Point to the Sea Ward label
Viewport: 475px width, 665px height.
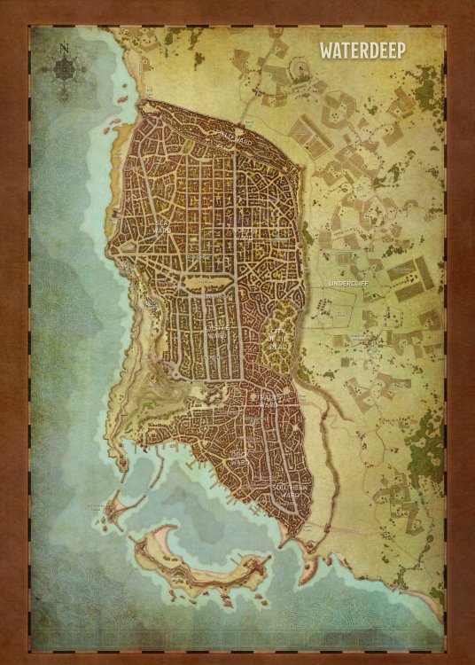pos(161,228)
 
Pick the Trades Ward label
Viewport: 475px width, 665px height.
pos(267,399)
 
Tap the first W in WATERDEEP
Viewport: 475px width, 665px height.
pos(328,51)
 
